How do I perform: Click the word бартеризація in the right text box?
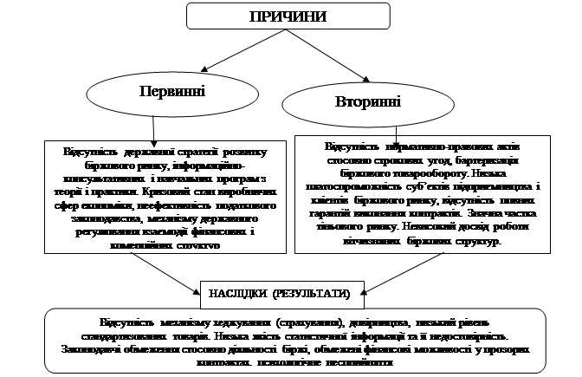tap(483, 161)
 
